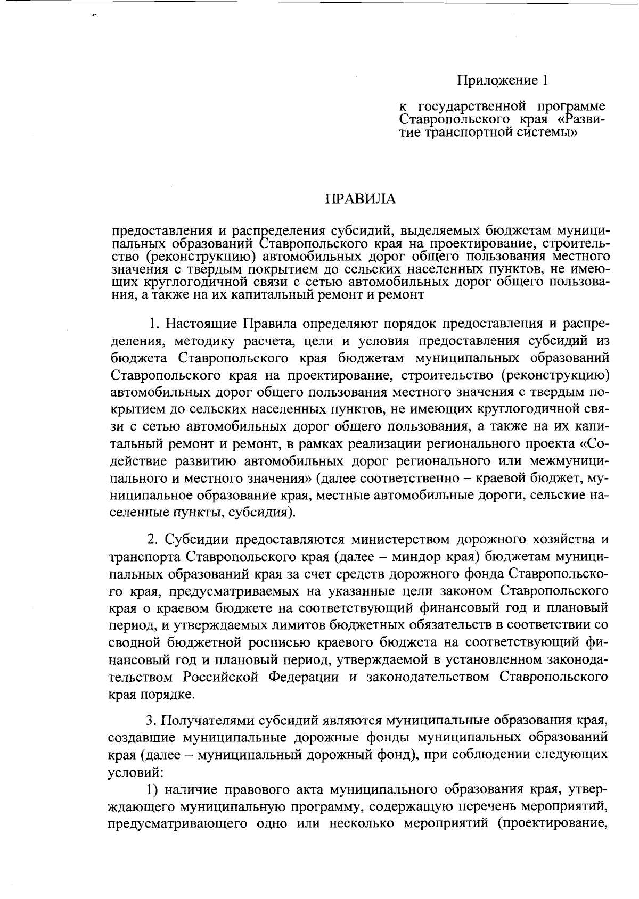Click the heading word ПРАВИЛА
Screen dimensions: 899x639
point(361,200)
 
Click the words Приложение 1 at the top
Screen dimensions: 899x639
point(502,81)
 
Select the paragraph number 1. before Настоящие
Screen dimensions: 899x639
point(154,324)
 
